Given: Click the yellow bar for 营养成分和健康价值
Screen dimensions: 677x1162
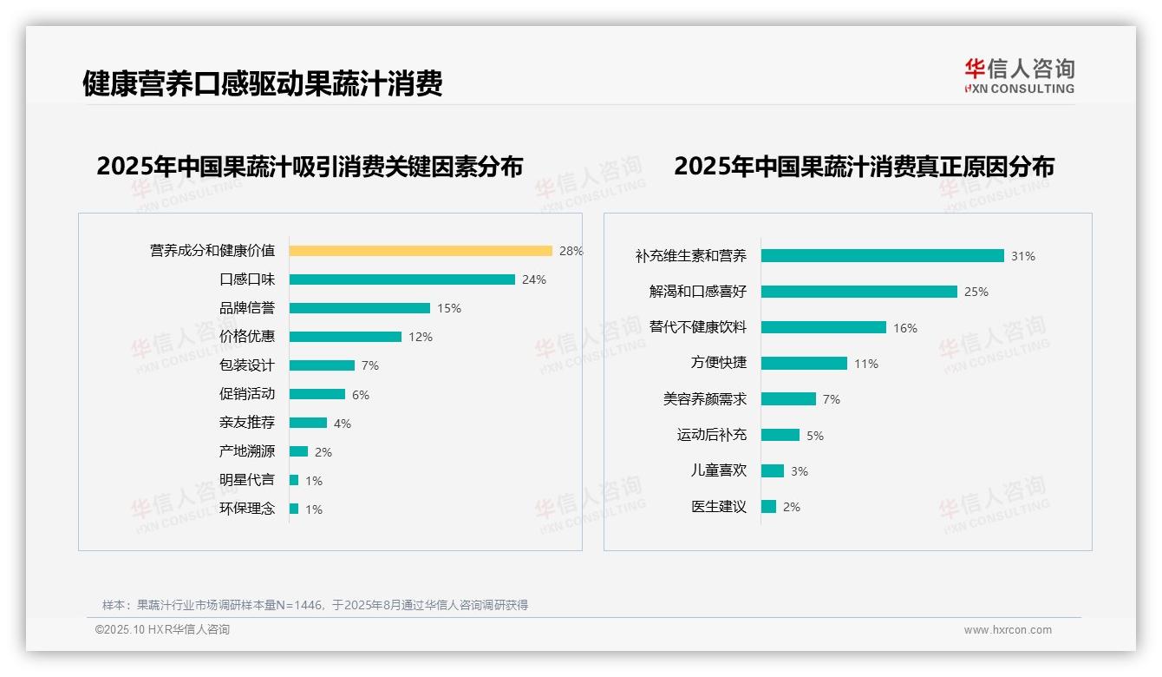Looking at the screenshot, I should (x=421, y=251).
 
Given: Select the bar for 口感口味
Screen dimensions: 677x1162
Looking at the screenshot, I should (x=402, y=279).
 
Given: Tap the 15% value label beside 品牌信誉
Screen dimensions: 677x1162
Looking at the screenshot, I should (x=449, y=308).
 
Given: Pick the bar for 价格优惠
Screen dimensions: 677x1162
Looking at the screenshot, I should (x=345, y=337).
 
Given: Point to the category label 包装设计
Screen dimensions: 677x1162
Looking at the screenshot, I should (x=247, y=365).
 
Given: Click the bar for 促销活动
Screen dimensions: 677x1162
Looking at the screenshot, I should (x=317, y=394).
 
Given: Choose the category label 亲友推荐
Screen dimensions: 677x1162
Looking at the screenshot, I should (x=247, y=423).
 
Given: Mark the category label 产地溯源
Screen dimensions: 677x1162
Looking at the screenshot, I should (x=247, y=451).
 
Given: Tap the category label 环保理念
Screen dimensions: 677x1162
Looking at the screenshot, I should (x=247, y=509).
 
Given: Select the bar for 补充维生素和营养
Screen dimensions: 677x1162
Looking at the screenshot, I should (x=883, y=256).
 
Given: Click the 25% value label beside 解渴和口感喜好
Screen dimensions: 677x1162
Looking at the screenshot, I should (x=976, y=292).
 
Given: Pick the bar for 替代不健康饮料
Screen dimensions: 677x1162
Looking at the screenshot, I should (x=824, y=327).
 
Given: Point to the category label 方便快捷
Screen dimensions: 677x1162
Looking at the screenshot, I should (x=719, y=363).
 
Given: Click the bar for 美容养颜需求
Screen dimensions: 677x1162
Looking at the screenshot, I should (x=788, y=399).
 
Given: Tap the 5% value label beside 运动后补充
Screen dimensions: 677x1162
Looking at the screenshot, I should (x=815, y=436).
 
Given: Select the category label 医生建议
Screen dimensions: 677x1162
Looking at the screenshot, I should (x=719, y=506).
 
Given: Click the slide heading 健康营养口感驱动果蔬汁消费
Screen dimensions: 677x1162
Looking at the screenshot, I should (x=263, y=83).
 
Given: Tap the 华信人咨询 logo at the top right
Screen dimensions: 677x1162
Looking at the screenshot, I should (x=1019, y=76).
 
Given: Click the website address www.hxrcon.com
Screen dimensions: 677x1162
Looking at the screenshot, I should (x=1008, y=630).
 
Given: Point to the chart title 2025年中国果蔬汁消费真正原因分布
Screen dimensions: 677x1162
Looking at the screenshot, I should (x=864, y=166).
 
